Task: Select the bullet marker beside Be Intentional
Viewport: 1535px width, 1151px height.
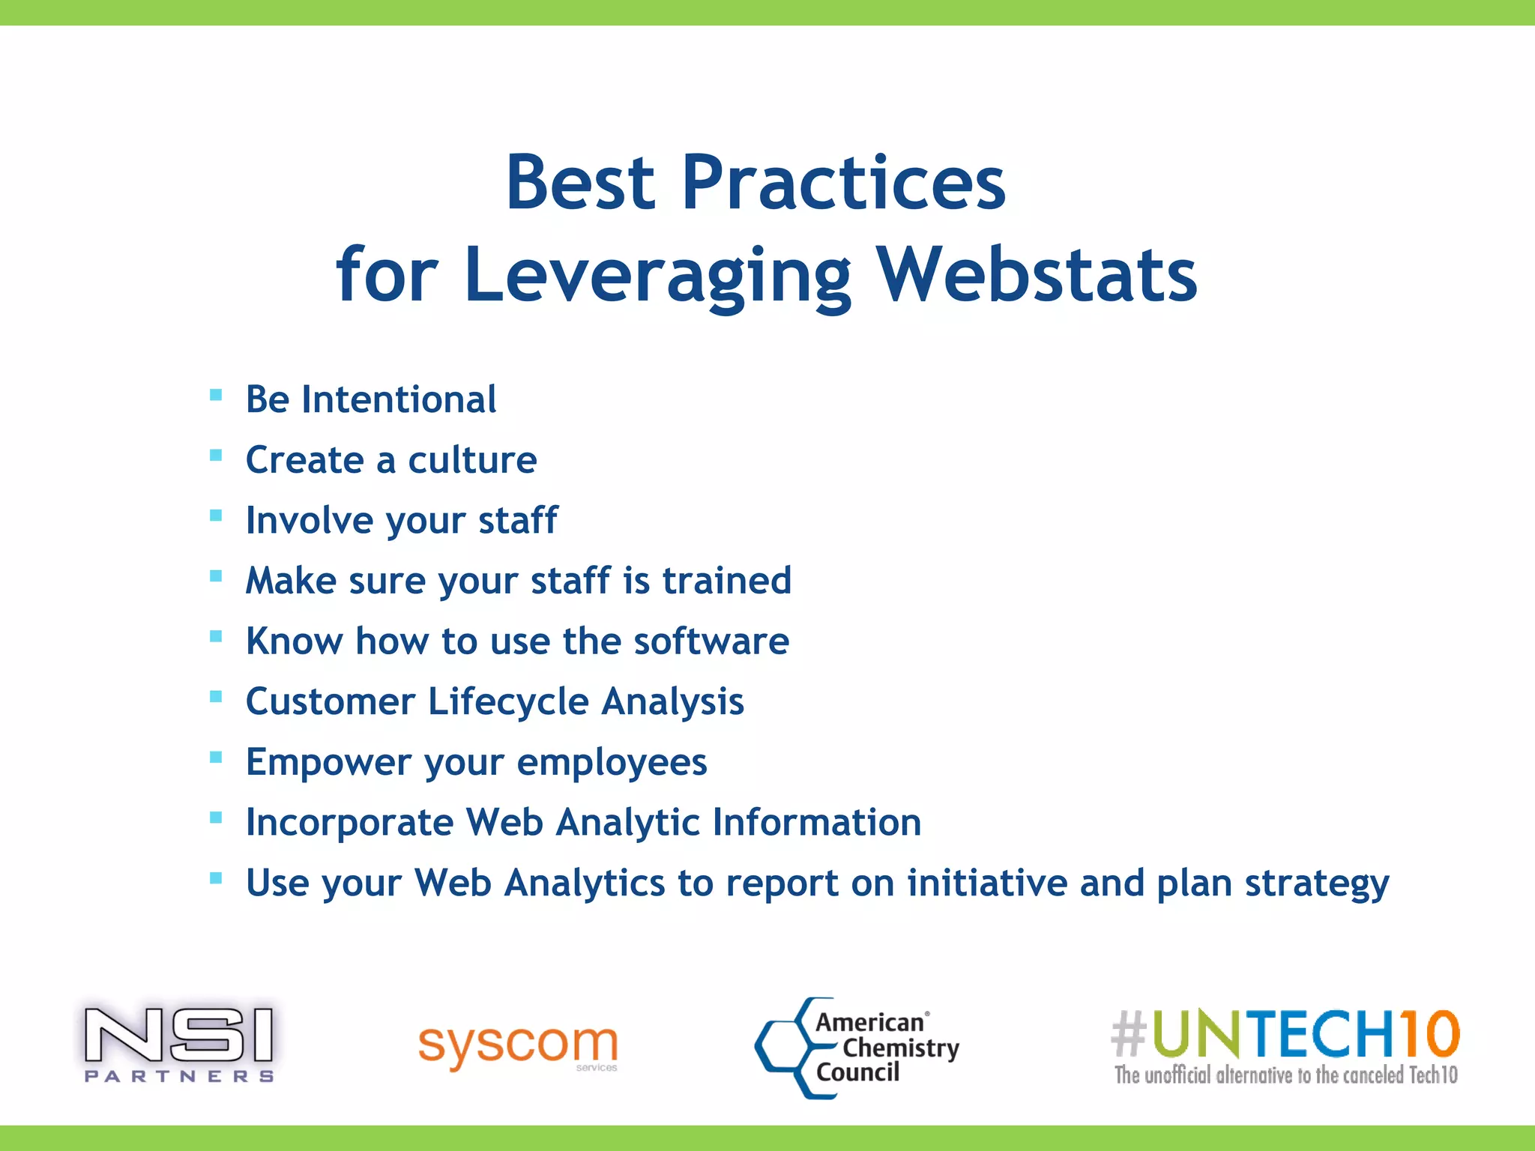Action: click(216, 395)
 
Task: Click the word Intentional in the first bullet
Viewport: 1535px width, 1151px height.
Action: click(399, 399)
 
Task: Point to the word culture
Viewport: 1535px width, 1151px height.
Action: click(472, 459)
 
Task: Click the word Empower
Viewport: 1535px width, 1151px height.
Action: click(329, 762)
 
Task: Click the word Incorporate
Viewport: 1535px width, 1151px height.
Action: click(349, 822)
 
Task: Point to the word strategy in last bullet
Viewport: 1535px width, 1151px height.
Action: click(1317, 884)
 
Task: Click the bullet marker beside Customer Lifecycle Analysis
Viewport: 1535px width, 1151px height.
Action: click(216, 697)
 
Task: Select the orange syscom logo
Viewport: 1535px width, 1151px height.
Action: click(517, 1045)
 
